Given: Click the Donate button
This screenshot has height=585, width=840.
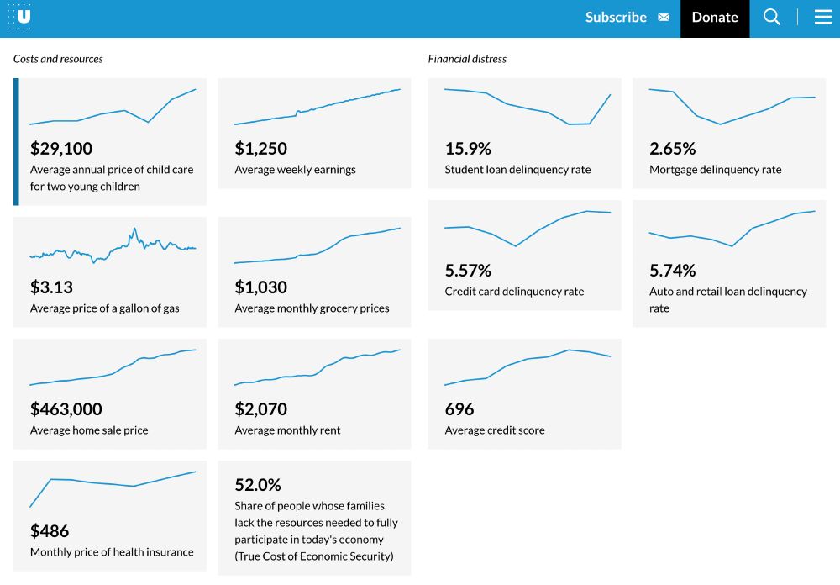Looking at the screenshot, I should pyautogui.click(x=715, y=18).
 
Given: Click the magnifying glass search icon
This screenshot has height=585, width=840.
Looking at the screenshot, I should pyautogui.click(x=772, y=18).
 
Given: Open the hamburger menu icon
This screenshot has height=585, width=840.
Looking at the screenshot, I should pyautogui.click(x=823, y=18).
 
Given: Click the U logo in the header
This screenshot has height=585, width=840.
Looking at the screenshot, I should pyautogui.click(x=20, y=17).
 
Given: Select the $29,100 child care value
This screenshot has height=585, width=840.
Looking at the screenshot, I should pyautogui.click(x=61, y=149).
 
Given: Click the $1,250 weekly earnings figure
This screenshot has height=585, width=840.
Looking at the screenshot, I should pyautogui.click(x=261, y=149).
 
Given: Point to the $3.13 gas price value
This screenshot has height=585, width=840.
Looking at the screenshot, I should pyautogui.click(x=52, y=287).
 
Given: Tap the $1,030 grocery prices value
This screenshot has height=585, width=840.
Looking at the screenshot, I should pyautogui.click(x=261, y=287).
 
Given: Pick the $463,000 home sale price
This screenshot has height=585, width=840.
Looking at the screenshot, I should pyautogui.click(x=66, y=409).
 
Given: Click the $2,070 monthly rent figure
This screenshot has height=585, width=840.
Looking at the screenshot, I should pyautogui.click(x=261, y=409).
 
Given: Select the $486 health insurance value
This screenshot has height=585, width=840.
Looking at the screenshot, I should pyautogui.click(x=50, y=531).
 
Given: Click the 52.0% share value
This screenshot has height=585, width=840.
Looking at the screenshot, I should pyautogui.click(x=258, y=485).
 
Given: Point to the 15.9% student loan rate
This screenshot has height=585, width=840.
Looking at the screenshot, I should pyautogui.click(x=468, y=149).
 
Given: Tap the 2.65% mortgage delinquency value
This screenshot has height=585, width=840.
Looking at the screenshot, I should pyautogui.click(x=673, y=149).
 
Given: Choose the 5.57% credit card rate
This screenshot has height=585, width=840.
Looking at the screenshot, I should pyautogui.click(x=468, y=271).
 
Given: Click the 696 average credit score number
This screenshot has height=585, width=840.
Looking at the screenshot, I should pyautogui.click(x=459, y=409).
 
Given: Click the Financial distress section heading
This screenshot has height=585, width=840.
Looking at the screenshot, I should pyautogui.click(x=467, y=59).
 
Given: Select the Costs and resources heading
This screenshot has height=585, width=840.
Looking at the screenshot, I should pyautogui.click(x=58, y=59).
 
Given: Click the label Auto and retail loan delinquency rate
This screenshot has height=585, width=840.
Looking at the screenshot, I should pyautogui.click(x=727, y=299).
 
